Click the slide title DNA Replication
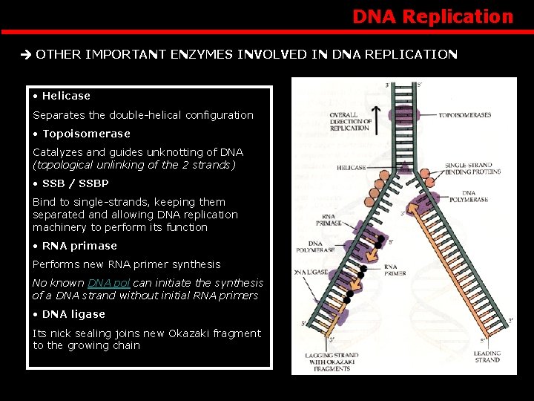pos(432,16)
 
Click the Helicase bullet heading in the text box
pos(66,96)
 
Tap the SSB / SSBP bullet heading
pos(75,183)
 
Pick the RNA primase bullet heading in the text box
pos(79,246)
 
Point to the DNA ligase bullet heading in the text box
pos(73,314)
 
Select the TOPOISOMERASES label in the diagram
pos(464,116)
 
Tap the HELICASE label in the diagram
pos(351,168)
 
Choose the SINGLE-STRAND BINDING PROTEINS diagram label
pos(472,169)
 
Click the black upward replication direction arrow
pos(376,120)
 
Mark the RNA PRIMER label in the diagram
pos(391,270)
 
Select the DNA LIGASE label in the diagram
pos(311,273)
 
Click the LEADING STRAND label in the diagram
pos(487,356)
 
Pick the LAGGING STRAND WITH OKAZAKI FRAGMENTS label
pos(332,362)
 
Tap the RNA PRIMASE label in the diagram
pos(329,219)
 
